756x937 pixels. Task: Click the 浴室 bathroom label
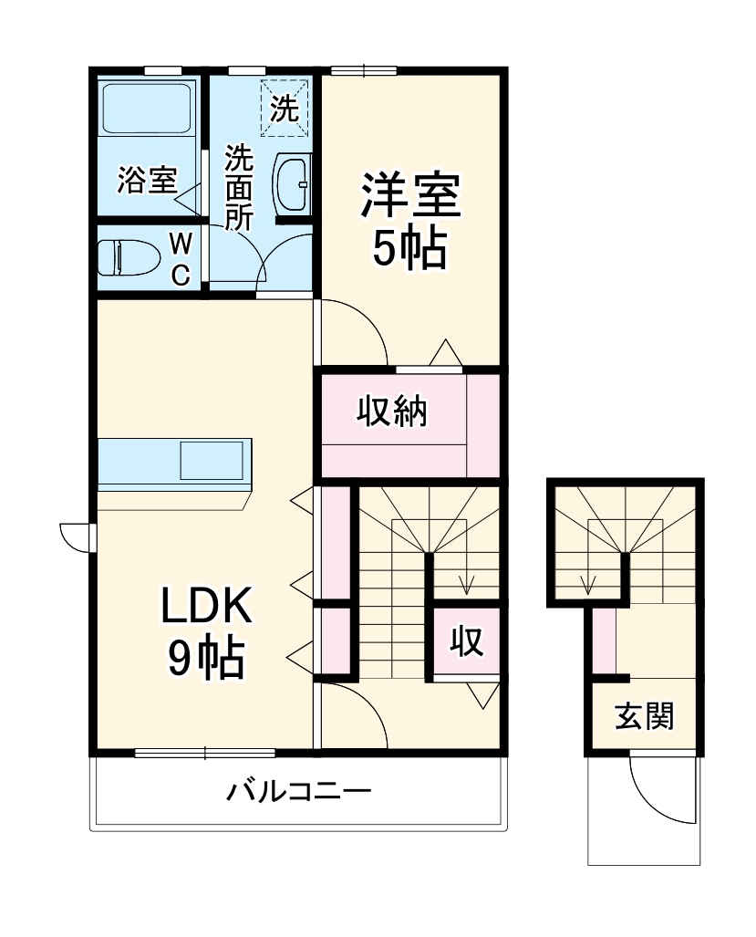pos(146,181)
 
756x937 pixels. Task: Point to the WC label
pos(181,258)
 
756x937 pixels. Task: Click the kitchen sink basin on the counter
pos(212,459)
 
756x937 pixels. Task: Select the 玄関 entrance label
pos(644,717)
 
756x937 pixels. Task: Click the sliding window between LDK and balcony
pos(205,753)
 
